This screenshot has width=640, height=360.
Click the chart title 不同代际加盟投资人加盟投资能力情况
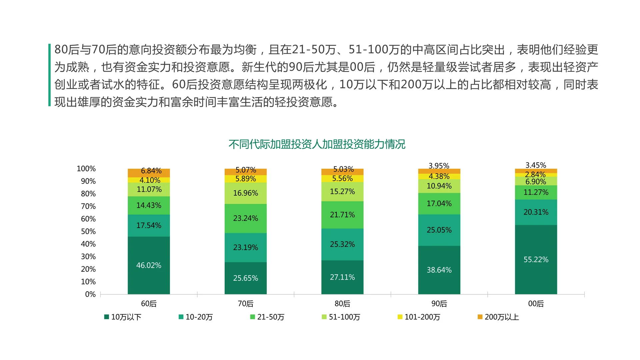[317, 144]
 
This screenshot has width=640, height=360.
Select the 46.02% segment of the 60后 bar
[149, 265]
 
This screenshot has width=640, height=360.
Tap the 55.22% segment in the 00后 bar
[536, 259]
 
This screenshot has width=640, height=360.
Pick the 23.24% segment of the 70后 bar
[245, 218]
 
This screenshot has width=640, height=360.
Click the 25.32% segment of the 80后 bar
[342, 244]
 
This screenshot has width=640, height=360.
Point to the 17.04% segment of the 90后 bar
[439, 203]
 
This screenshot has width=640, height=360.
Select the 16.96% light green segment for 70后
[245, 193]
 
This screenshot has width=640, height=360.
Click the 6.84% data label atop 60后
[151, 171]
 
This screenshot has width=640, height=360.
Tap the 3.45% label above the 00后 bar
[536, 165]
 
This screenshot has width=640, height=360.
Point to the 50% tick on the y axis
[88, 231]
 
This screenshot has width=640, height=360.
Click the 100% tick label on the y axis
[86, 169]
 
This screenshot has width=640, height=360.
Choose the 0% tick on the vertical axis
[90, 294]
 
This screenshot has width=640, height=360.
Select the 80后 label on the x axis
[342, 304]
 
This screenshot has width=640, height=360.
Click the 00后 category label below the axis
[536, 304]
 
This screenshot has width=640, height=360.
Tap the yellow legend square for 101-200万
[400, 317]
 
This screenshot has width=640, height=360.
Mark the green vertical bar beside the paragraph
[49, 75]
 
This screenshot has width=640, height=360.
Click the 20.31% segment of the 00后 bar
[536, 212]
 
